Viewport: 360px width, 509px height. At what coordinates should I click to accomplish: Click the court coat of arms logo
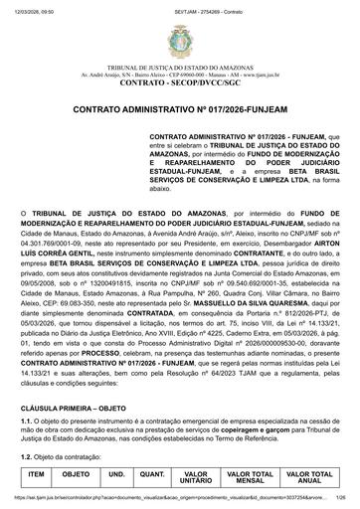tap(179, 41)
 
